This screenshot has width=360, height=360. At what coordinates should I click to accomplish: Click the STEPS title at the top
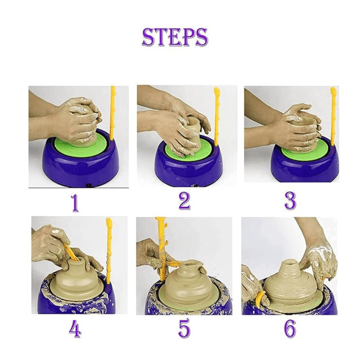(175, 37)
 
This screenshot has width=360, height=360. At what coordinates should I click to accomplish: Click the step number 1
(75, 203)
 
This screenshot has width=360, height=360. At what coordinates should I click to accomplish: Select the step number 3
(290, 201)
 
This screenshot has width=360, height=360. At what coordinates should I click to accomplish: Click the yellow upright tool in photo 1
(113, 113)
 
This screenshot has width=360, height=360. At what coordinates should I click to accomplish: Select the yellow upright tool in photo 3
(333, 115)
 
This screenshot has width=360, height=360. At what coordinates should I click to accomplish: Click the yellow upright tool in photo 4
(109, 250)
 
